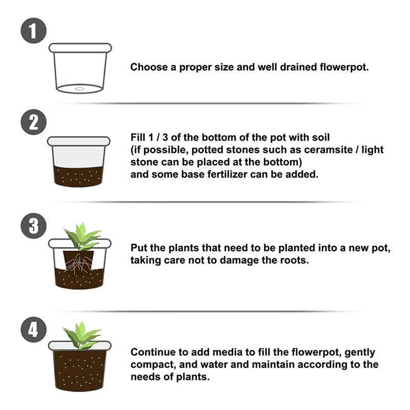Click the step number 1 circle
click(x=33, y=31)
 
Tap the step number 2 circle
click(x=33, y=122)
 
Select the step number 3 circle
click(x=33, y=226)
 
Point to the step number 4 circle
click(x=33, y=330)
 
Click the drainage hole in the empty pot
click(x=80, y=89)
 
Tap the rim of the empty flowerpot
click(x=80, y=48)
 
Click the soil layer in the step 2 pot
click(x=78, y=176)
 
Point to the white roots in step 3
click(x=78, y=263)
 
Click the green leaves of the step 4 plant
click(x=82, y=336)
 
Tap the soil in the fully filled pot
click(x=80, y=371)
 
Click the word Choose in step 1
click(x=149, y=67)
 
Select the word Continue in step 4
click(x=152, y=352)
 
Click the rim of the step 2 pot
click(x=79, y=141)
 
